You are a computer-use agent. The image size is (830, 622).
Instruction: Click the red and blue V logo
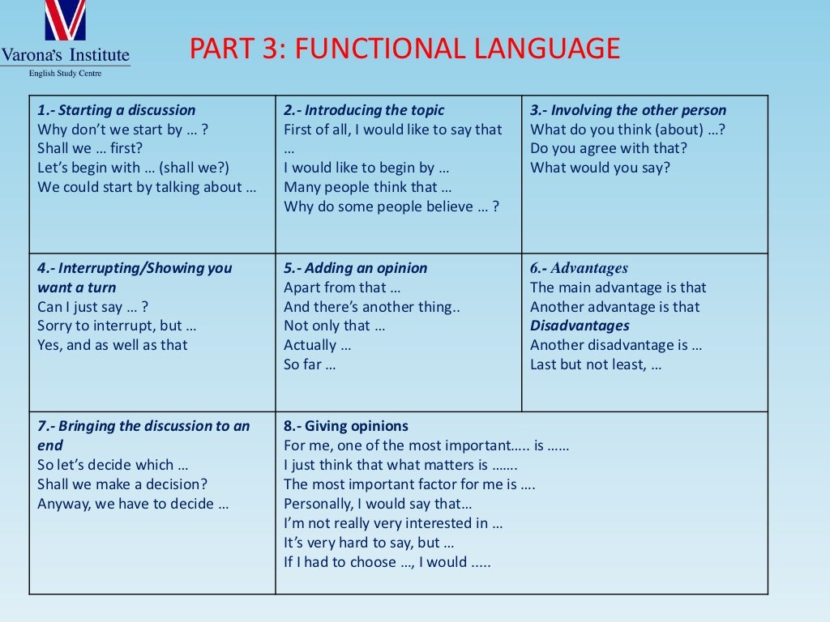65,21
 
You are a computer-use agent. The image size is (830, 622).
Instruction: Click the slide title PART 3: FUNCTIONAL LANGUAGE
404,49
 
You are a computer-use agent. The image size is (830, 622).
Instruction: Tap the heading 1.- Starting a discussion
117,110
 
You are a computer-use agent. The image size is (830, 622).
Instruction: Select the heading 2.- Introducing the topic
364,110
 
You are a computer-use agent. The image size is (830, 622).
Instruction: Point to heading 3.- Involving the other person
628,110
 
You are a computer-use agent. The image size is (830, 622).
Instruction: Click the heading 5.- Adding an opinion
355,268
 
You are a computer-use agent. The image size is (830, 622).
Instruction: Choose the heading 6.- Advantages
579,268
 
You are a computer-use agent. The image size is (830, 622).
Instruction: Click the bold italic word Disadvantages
580,326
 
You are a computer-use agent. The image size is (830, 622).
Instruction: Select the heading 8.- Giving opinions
346,426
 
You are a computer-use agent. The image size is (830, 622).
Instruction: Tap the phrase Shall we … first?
90,148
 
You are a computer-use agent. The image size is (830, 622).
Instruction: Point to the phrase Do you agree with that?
609,148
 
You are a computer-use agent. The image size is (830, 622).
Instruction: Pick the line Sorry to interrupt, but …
118,326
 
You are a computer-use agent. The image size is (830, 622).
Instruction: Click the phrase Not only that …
335,326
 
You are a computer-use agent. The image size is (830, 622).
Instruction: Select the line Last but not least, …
596,364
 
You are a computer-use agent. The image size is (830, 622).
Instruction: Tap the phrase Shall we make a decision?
122,484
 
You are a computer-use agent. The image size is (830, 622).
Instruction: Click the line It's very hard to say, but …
369,543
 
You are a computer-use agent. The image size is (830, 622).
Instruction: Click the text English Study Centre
65,74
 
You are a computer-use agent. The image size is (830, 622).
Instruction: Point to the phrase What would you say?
601,168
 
